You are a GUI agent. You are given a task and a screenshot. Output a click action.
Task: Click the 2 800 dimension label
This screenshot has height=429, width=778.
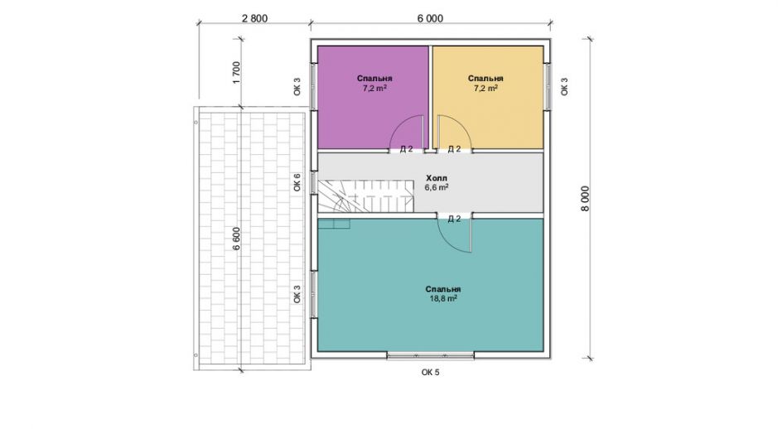pos(254,18)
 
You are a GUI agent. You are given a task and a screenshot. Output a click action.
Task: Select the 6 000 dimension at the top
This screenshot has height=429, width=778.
pos(430,18)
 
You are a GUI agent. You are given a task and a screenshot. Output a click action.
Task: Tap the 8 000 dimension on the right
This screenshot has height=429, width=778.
pos(586,199)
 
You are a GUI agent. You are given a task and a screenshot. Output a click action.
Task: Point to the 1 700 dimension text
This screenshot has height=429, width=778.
pos(236,72)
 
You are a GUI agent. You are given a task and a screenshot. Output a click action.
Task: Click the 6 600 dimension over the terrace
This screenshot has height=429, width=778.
pos(236,238)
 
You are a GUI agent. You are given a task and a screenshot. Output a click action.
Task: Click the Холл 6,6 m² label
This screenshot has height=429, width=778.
pos(437,182)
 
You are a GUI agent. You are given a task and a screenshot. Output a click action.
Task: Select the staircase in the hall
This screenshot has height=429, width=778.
pos(365,196)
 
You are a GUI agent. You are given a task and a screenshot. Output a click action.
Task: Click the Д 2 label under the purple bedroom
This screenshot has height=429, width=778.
pos(406,149)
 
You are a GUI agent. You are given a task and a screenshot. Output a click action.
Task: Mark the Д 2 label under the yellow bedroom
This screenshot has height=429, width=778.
pos(454,149)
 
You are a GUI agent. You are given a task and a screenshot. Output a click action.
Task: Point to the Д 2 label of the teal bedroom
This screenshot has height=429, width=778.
pos(454,219)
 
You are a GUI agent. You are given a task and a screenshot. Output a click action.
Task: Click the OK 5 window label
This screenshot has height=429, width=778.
pos(430,372)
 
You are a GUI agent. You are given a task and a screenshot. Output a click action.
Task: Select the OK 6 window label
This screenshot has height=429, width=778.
pos(297,182)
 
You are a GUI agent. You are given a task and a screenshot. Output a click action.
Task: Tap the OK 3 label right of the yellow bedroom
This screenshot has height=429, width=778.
pos(563,86)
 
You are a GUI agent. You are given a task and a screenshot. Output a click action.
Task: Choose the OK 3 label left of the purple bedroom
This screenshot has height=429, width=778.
pos(297,86)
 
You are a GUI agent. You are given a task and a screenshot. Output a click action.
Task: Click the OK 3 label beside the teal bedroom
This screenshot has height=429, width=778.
pos(297,294)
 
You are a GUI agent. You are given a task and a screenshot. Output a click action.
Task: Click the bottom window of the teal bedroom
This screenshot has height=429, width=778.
pos(430,355)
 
